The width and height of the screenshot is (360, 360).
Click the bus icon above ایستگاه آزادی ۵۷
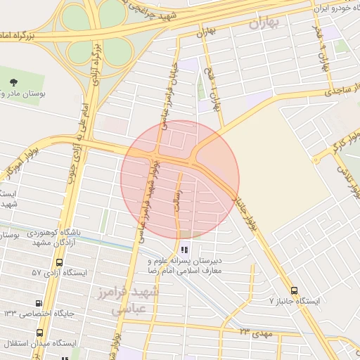point(59,262)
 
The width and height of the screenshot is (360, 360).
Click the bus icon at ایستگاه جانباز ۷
point(294,290)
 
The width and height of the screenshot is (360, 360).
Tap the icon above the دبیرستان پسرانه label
point(184,249)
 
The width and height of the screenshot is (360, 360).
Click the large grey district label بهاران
point(264,23)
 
